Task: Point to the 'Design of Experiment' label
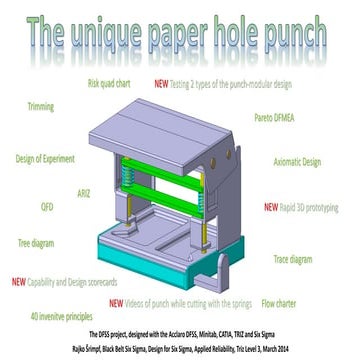tap(46, 157)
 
